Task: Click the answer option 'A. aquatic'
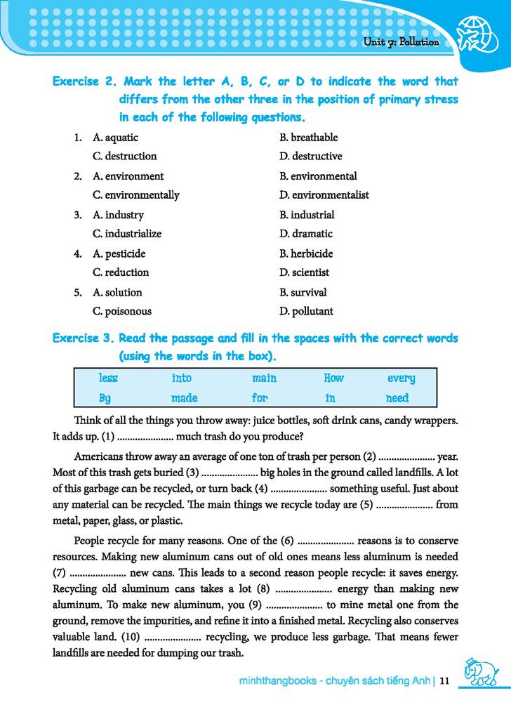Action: [x=115, y=138]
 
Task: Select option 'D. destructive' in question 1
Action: [x=310, y=156]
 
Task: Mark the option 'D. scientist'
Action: [x=304, y=272]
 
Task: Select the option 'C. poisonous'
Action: [x=122, y=311]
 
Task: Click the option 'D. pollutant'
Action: [x=306, y=311]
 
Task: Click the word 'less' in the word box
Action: [x=108, y=378]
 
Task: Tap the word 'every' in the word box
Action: [x=401, y=378]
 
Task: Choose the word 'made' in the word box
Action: [x=184, y=398]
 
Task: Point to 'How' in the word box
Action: [x=333, y=378]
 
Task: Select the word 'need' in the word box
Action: [x=397, y=398]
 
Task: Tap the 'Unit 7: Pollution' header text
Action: [x=401, y=42]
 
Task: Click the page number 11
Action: [x=444, y=680]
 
